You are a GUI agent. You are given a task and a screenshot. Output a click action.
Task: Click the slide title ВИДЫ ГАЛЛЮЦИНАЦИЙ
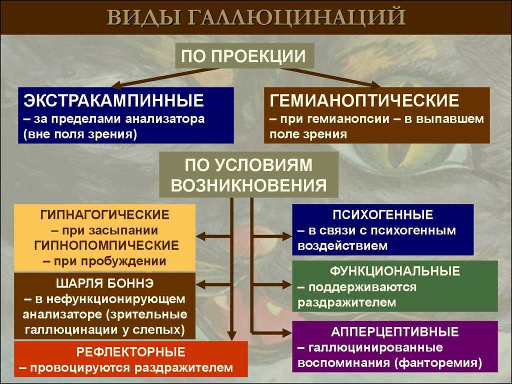tap(256, 17)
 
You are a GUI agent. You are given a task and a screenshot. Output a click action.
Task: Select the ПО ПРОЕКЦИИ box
tap(244, 55)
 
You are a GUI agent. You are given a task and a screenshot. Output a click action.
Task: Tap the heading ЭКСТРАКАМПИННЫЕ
tap(113, 100)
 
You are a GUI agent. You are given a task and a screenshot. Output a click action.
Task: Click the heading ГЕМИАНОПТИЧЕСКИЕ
tap(364, 100)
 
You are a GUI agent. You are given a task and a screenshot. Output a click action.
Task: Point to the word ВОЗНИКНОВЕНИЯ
tap(249, 185)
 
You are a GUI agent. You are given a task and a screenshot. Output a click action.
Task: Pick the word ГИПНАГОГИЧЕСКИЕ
tap(105, 215)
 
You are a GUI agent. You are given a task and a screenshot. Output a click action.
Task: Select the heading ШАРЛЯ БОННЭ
tap(105, 283)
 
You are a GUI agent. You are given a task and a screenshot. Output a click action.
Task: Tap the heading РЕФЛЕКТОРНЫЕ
tap(131, 352)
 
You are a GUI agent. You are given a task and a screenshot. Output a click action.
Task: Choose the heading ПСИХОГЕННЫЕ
tap(383, 215)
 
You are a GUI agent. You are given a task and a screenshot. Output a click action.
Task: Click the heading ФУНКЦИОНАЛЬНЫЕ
tap(395, 271)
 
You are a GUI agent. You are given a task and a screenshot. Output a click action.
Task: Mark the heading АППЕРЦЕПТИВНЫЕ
tap(395, 332)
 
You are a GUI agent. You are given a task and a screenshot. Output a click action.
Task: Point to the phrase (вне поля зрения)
tap(80, 134)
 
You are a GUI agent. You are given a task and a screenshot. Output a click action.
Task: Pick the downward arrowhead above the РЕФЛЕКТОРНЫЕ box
tap(232, 336)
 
